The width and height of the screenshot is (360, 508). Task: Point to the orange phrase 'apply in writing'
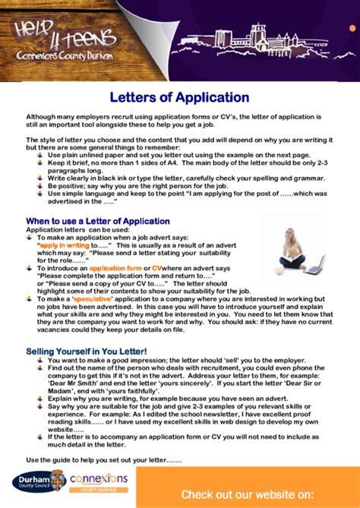65,246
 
